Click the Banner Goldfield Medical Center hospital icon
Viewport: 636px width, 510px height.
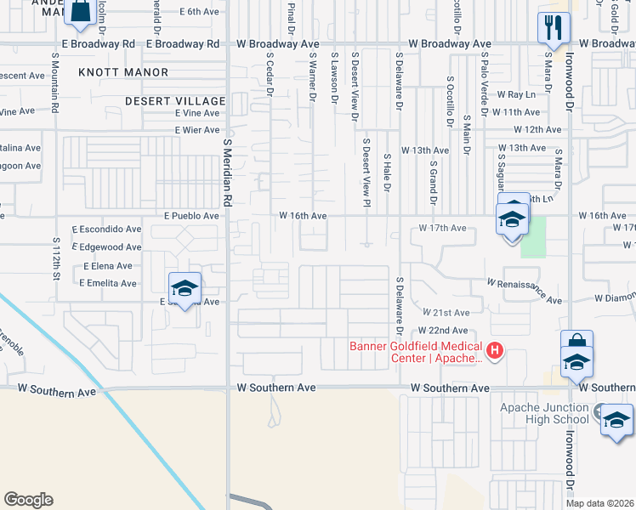[493, 350]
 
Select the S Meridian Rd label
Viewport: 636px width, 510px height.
[227, 174]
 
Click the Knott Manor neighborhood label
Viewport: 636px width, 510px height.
[123, 72]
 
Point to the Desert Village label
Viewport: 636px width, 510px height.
[175, 100]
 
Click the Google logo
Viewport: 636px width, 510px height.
[28, 499]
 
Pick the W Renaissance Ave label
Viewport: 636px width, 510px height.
[525, 291]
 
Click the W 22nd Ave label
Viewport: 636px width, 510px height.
[443, 330]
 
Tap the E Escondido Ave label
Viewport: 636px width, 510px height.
[107, 229]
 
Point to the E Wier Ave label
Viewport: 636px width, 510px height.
[197, 130]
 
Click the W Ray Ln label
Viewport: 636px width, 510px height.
[517, 94]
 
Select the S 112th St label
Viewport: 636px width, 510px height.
[57, 259]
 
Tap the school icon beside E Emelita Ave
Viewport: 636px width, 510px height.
[185, 287]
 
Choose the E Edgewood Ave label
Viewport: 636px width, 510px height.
[107, 246]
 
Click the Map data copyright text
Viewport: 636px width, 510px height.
[599, 503]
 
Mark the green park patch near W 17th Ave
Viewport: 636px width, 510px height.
[532, 237]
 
